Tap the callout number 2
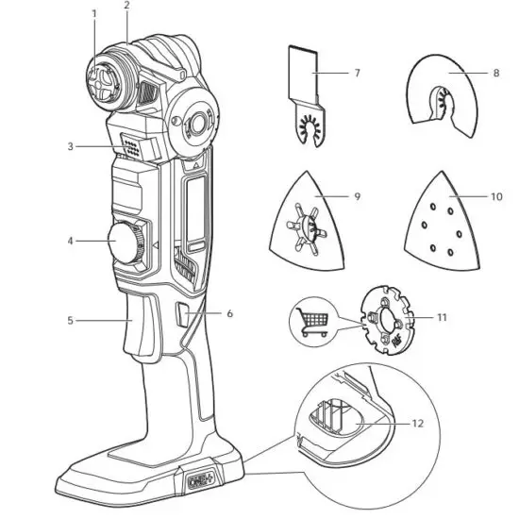click(126, 6)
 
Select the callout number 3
click(70, 146)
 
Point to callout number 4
click(70, 241)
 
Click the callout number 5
click(70, 321)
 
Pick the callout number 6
click(228, 313)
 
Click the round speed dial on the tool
click(126, 243)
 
